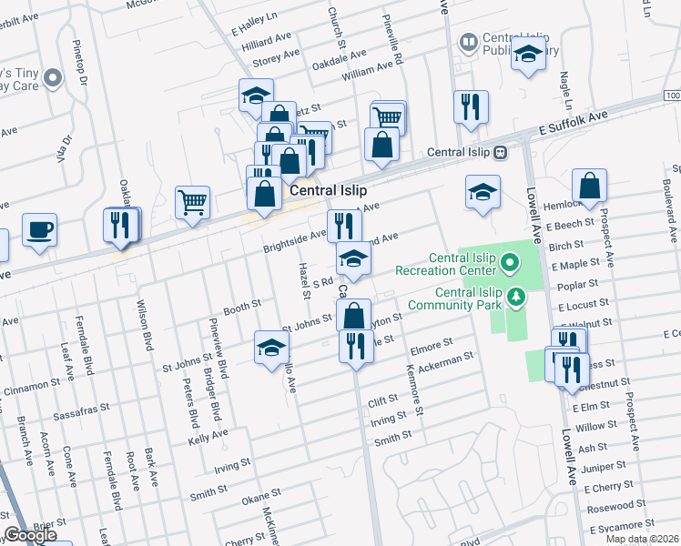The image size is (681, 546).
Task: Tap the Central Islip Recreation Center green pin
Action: (x=510, y=266)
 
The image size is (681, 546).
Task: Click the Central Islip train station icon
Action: (x=500, y=152)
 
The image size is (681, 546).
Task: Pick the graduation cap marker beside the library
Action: (x=528, y=55)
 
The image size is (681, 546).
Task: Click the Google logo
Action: (x=30, y=536)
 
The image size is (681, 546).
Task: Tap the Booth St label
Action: (x=242, y=308)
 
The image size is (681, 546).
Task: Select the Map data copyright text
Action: (x=642, y=539)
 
